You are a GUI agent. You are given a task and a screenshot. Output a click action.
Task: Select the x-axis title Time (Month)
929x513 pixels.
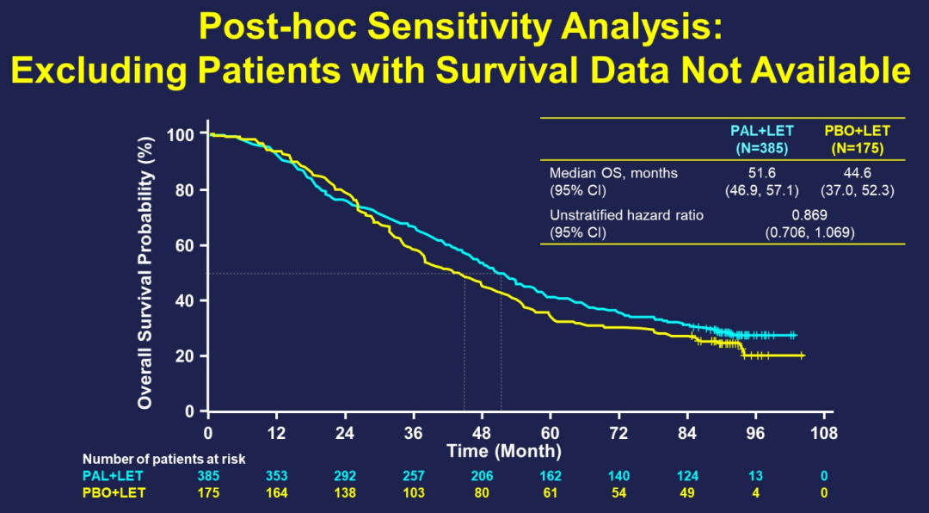504,451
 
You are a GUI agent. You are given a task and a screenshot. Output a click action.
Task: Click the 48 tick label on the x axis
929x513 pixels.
482,432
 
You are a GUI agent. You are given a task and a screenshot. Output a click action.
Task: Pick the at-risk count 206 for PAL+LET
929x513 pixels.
482,475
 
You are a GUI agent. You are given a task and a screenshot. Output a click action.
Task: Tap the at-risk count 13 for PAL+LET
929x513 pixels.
756,475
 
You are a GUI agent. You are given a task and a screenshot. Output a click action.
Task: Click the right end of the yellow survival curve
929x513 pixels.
803,355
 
